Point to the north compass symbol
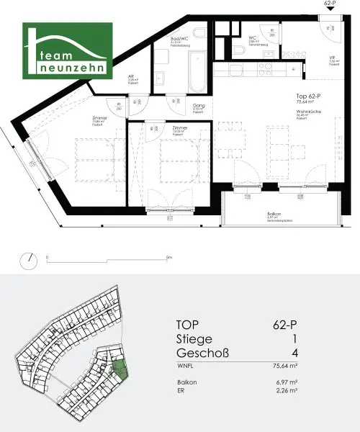pyautogui.click(x=28, y=259)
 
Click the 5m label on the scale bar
pyautogui.click(x=168, y=257)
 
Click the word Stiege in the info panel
pyautogui.click(x=197, y=338)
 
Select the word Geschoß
pyautogui.click(x=204, y=354)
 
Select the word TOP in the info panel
pyautogui.click(x=191, y=323)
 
